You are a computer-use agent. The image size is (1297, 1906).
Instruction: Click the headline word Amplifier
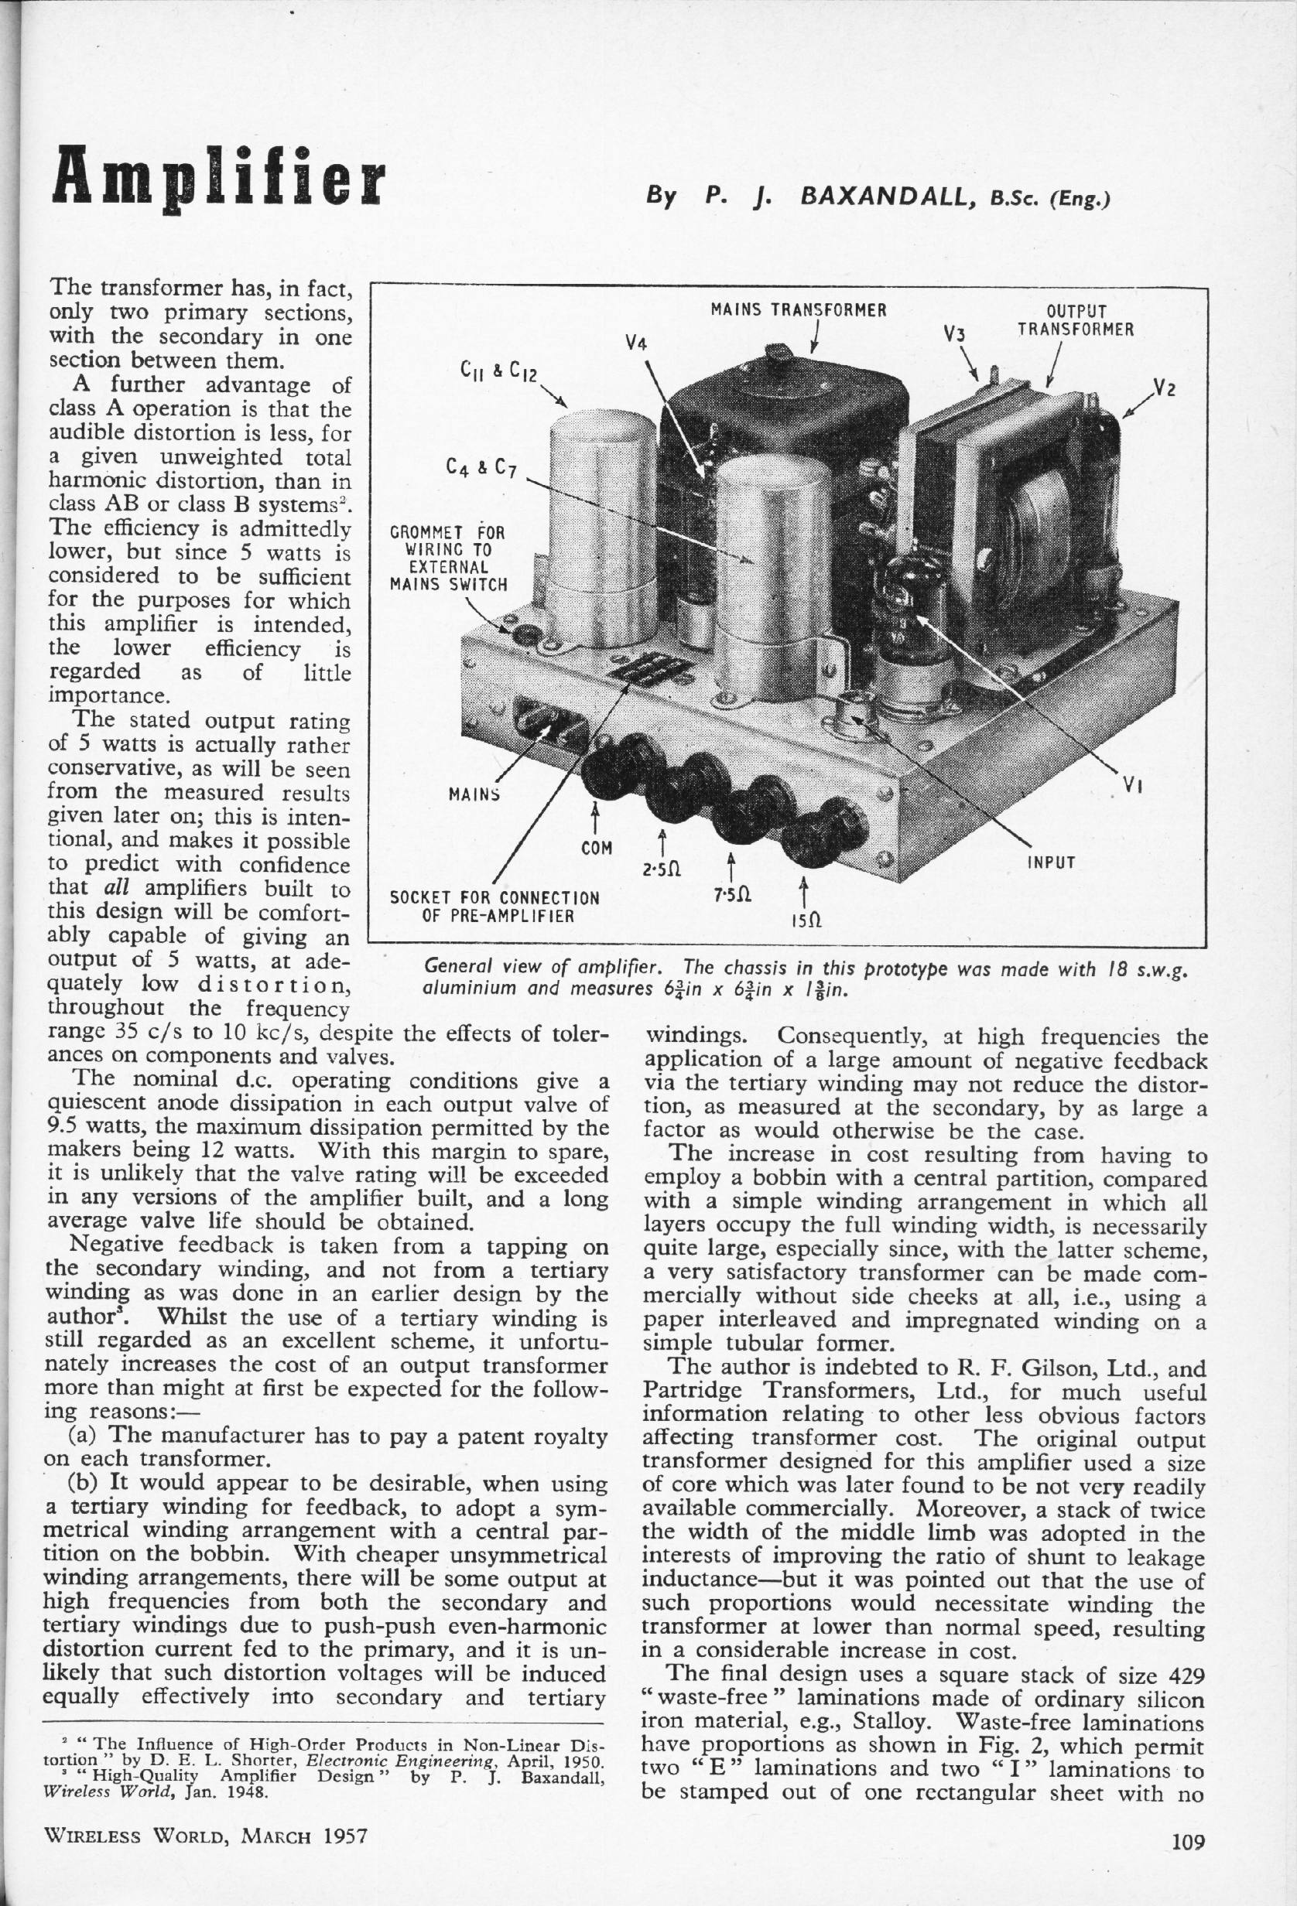tap(218, 179)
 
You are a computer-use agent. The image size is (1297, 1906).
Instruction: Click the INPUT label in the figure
tap(1051, 862)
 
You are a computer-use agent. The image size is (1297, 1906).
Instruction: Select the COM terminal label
tap(597, 847)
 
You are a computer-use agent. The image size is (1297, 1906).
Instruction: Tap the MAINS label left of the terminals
tap(476, 794)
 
